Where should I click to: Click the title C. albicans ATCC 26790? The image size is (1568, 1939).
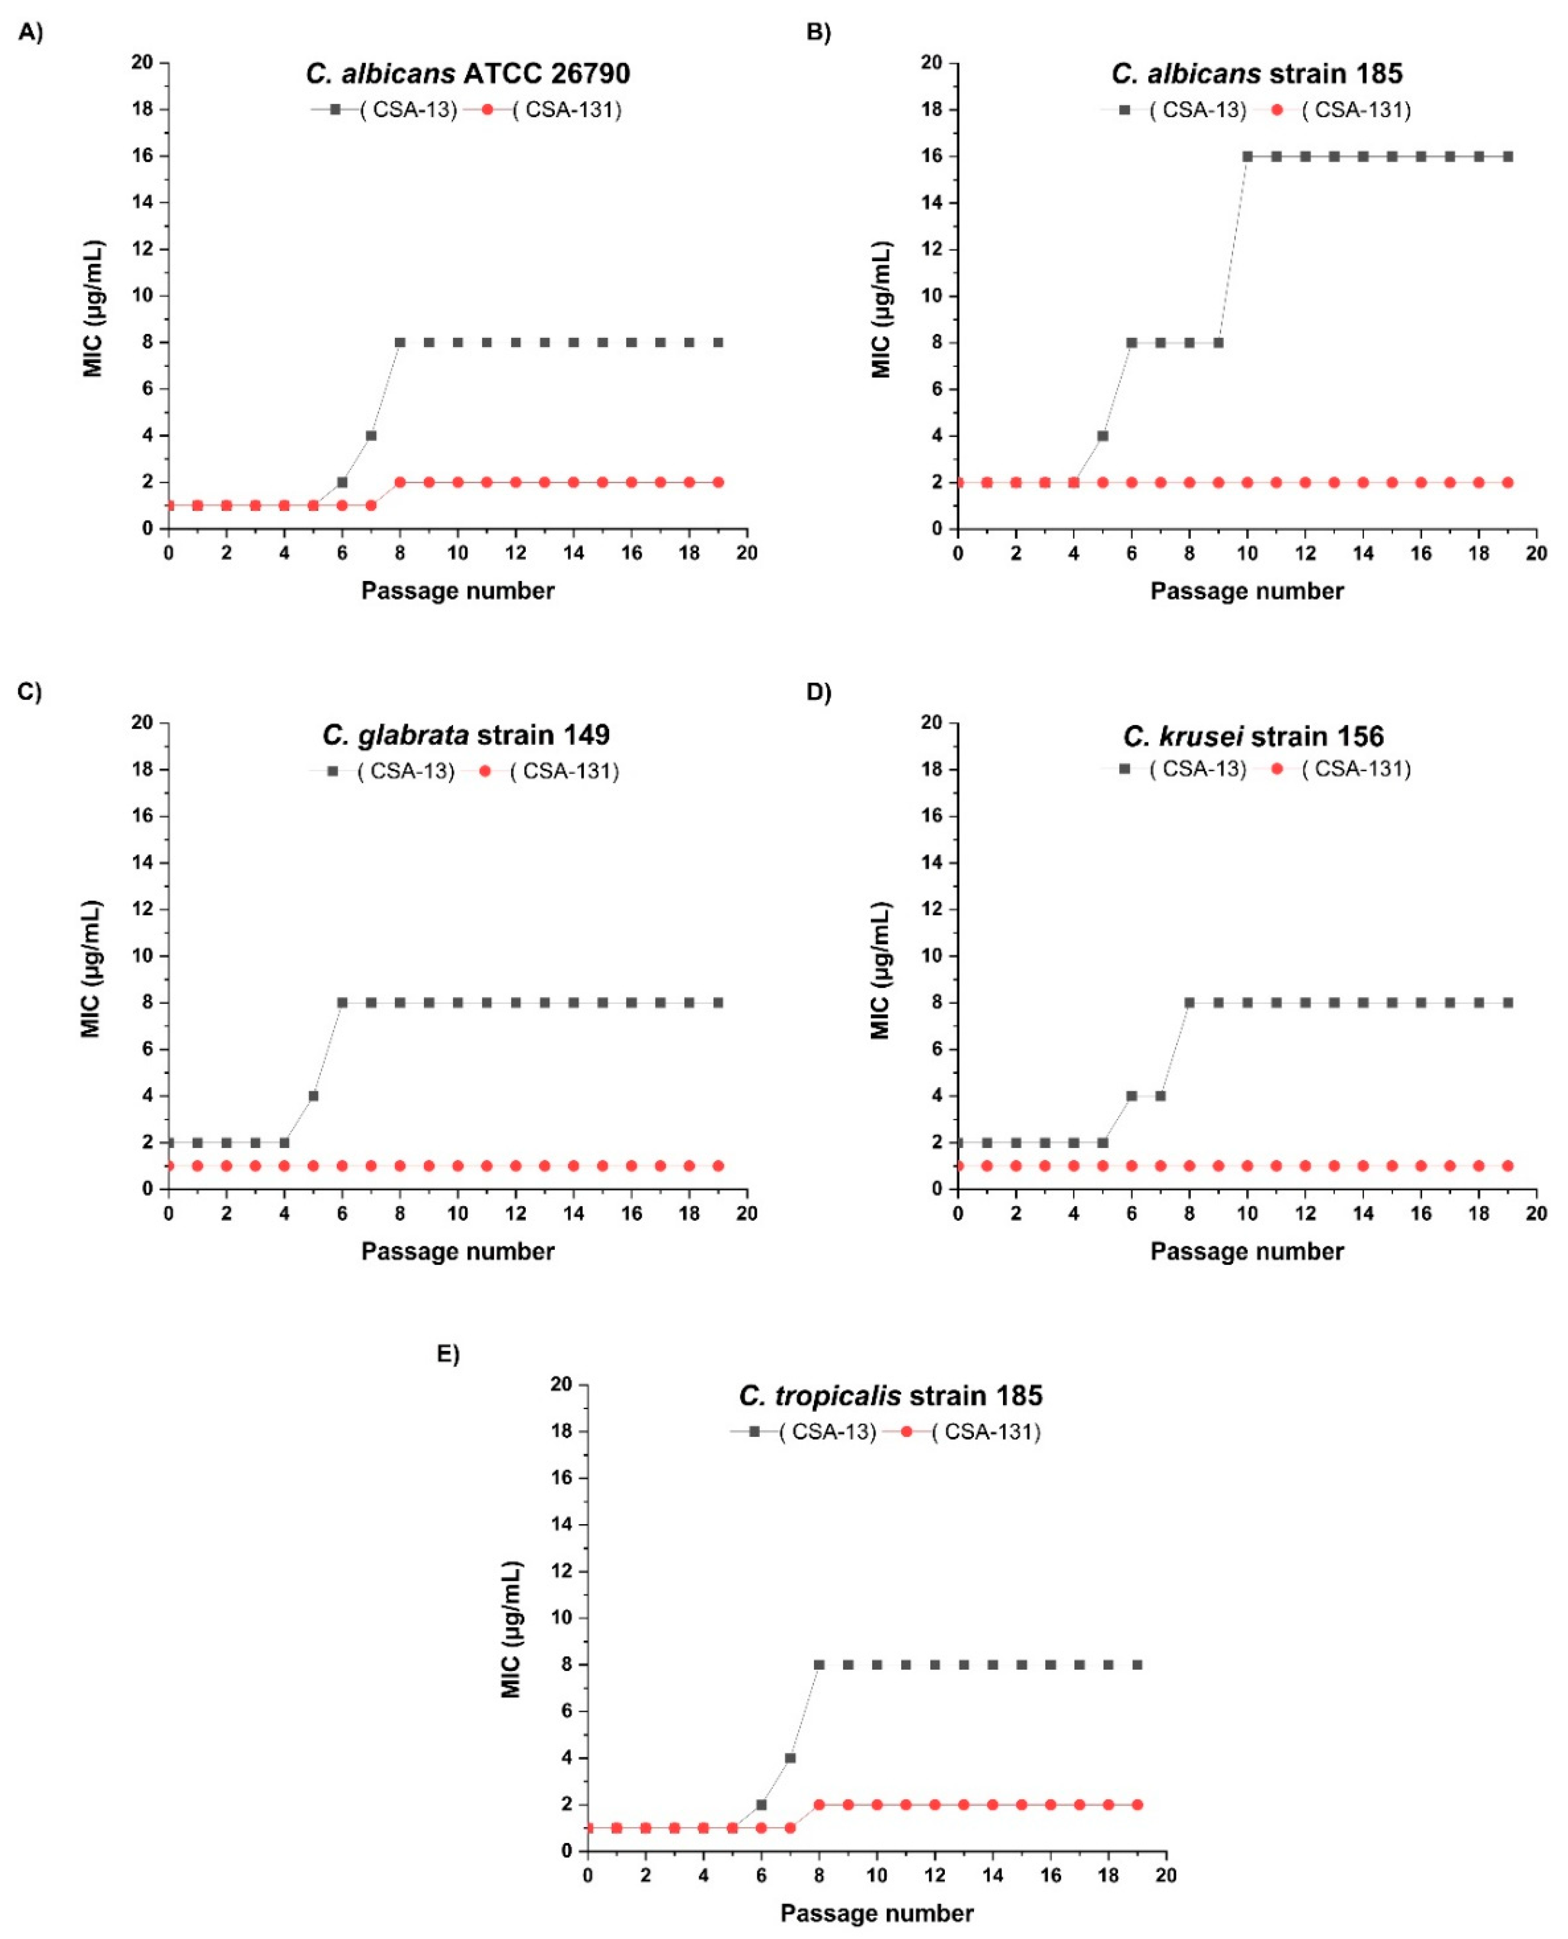click(468, 73)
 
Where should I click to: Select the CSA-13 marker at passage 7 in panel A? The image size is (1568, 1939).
click(371, 435)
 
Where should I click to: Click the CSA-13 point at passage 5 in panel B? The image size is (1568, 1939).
click(1103, 435)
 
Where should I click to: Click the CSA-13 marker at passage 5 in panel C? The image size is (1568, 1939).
click(314, 1095)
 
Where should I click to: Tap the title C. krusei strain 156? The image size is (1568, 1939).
click(1254, 736)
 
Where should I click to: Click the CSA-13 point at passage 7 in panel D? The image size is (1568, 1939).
click(1160, 1095)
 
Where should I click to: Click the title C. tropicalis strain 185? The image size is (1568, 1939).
click(891, 1395)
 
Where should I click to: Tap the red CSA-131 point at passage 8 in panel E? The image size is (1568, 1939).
click(819, 1804)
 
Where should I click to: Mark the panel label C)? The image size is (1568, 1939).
click(30, 692)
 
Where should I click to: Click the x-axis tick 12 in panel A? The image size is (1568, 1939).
click(516, 552)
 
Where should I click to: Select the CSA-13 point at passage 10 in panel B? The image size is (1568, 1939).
click(1247, 156)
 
